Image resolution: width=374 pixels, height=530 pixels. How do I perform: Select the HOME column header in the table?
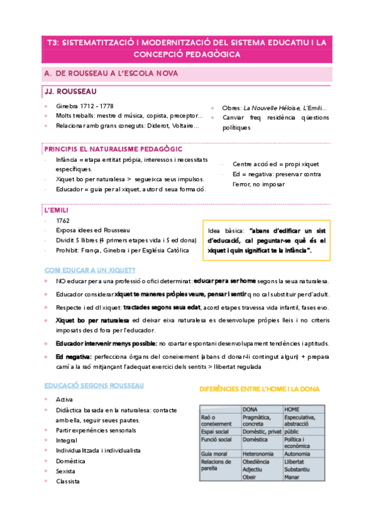(292, 409)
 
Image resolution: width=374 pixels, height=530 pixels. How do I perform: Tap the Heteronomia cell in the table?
(260, 453)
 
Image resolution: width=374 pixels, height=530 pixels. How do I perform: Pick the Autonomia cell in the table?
(297, 453)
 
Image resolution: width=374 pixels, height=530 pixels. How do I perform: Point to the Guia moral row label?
(214, 453)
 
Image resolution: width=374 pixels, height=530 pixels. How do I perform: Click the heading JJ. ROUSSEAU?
(67, 91)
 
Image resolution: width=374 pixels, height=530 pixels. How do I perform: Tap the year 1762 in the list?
(62, 221)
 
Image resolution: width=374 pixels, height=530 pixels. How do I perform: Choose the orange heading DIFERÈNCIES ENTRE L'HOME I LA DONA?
(259, 389)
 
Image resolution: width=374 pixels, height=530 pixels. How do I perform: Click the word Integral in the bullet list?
(66, 440)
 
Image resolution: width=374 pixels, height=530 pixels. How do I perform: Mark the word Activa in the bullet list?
(64, 399)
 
